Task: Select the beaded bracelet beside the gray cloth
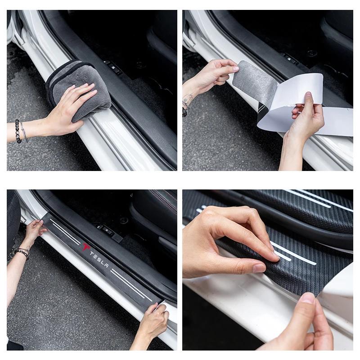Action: click(18, 131)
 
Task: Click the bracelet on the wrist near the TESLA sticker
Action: click(21, 252)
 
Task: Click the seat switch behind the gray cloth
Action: click(112, 67)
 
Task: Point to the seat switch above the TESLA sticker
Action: click(107, 229)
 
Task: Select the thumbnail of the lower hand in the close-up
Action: click(307, 298)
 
